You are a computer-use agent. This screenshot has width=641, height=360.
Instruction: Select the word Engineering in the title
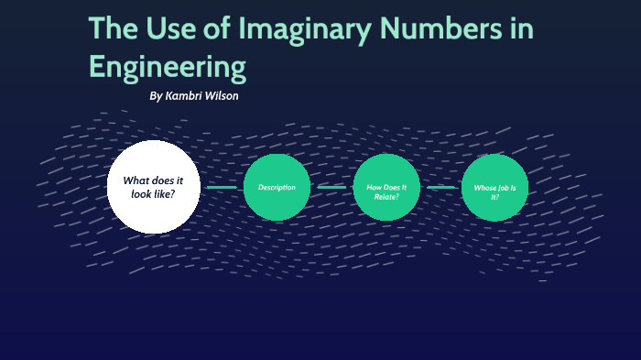pos(168,68)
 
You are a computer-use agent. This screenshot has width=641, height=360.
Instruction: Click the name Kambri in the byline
pos(186,96)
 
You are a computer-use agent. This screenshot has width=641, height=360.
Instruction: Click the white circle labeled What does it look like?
pos(154,187)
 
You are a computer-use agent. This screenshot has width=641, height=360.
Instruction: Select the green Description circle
pos(277,187)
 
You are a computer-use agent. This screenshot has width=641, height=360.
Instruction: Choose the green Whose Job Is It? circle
pos(494,187)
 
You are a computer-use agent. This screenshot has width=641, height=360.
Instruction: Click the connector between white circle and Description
pos(222,187)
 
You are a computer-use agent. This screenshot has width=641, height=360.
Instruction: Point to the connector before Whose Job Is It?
pos(442,187)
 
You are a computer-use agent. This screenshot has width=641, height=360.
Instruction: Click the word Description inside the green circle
pos(277,188)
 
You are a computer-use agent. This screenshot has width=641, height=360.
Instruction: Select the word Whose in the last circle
pos(484,188)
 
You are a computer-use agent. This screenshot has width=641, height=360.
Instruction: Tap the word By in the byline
pos(156,96)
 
